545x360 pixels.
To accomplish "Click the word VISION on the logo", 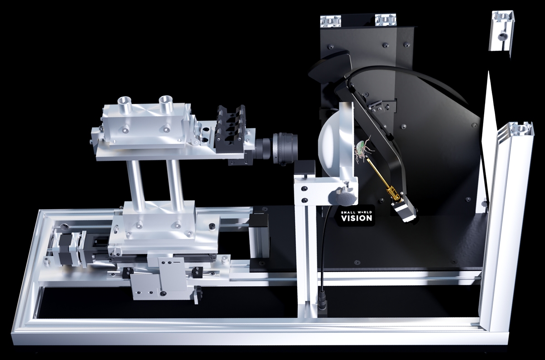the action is pos(357,218).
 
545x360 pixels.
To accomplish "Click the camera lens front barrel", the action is pos(285,149).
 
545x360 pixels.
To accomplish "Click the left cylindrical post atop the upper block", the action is pos(124,104).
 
